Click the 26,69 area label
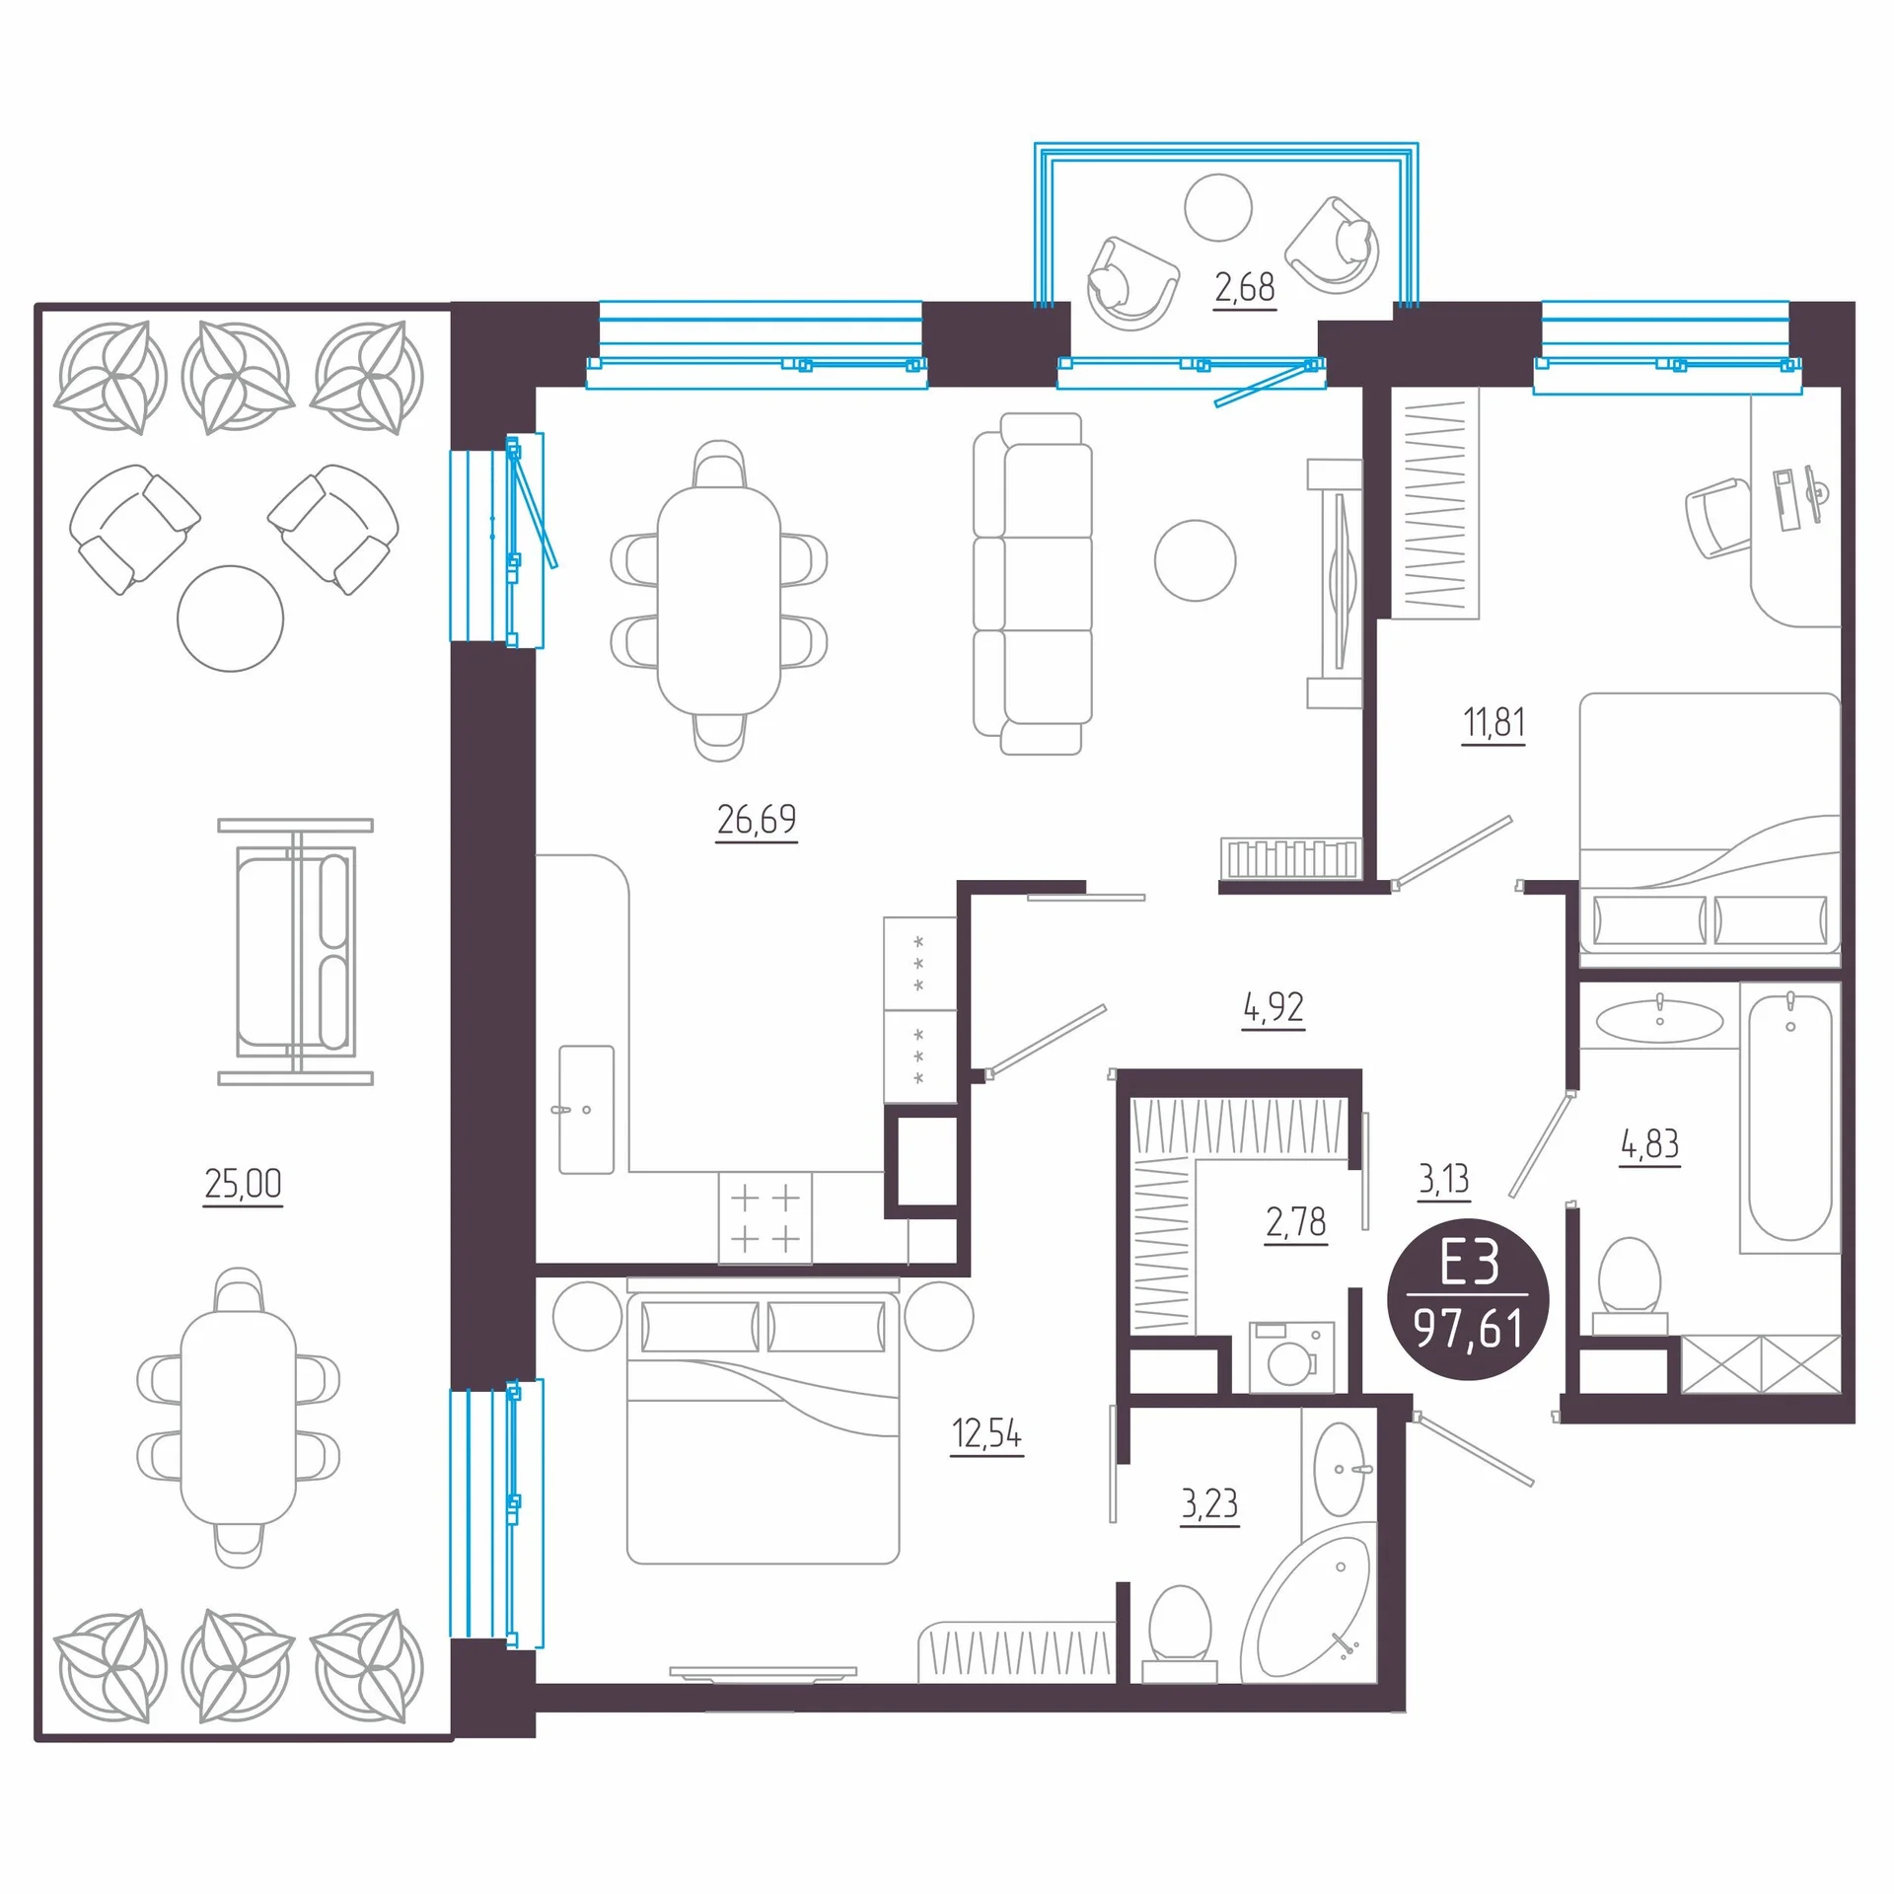pos(757,820)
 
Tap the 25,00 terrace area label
pos(243,1183)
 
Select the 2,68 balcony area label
pos(1245,287)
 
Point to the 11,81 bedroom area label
pos(1493,722)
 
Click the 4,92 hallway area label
pos(1274,1007)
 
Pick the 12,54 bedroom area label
pos(986,1433)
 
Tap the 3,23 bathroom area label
pos(1209,1503)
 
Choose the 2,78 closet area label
pos(1296,1222)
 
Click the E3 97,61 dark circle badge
pos(1468,1299)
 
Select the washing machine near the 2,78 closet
pos(1291,1357)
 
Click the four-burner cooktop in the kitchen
pos(765,1218)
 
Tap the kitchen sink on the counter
pos(587,1110)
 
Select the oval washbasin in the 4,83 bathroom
pos(1660,1021)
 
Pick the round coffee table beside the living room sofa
pos(1196,560)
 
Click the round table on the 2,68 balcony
pos(1218,207)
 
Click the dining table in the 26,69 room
pos(719,601)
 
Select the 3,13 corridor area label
pos(1444,1179)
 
